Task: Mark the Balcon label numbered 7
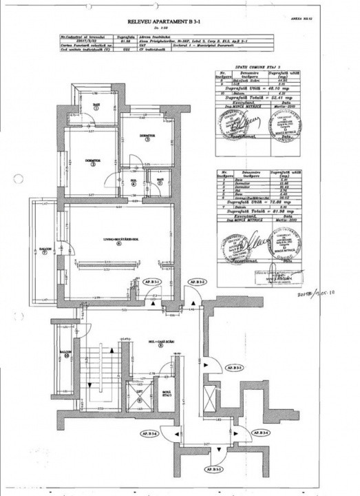pos(43,251)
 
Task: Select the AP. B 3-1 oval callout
pos(151,282)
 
